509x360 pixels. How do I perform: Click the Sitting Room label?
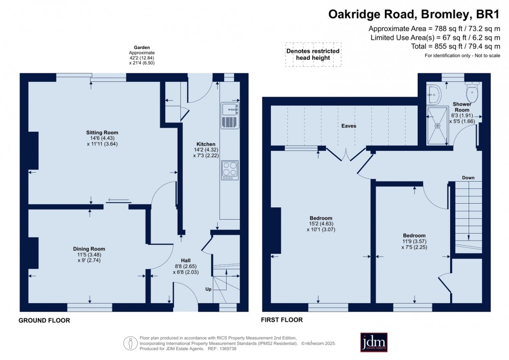click(102, 133)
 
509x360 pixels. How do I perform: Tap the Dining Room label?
click(89, 249)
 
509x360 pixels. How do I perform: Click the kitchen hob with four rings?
click(230, 170)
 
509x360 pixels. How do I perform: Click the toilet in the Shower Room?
click(472, 93)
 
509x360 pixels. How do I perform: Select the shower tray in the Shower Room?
click(438, 126)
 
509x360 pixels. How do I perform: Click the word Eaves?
click(349, 126)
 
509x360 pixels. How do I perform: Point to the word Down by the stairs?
click(468, 178)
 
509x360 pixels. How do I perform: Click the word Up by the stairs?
click(209, 289)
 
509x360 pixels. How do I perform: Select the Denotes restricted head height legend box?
click(313, 54)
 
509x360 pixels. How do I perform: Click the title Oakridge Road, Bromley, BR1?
click(414, 14)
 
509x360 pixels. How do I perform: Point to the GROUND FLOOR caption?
click(44, 321)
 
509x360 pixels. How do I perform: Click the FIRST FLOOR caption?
click(282, 320)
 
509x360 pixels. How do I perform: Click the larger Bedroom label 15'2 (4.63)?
click(321, 218)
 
